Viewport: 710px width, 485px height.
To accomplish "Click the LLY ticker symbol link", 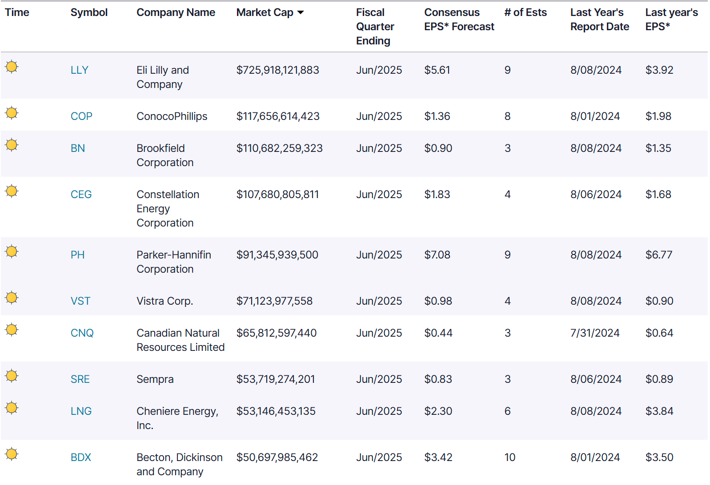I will [80, 70].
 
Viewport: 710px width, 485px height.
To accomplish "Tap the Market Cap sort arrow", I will [301, 13].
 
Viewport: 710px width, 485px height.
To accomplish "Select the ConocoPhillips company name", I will [172, 116].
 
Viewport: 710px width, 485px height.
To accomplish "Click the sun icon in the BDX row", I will [12, 454].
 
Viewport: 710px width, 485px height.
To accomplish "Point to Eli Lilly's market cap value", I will [277, 70].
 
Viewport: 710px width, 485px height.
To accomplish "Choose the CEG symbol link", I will [81, 195].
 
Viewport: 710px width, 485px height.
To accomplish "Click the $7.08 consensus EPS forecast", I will [437, 255].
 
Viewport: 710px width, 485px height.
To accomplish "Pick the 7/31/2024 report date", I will [594, 333].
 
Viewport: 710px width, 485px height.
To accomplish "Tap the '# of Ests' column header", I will [525, 13].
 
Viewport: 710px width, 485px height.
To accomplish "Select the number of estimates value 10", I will [509, 457].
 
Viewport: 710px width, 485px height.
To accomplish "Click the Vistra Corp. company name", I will [164, 301].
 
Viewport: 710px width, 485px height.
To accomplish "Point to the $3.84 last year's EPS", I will [659, 411].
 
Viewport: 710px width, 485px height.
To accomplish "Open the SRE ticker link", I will [80, 379].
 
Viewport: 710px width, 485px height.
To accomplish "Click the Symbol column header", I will [89, 13].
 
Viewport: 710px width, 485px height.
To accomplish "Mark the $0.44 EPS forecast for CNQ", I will [438, 333].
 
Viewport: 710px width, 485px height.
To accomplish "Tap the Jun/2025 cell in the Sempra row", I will [379, 379].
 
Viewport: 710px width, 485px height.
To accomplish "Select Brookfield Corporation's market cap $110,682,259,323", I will [279, 148].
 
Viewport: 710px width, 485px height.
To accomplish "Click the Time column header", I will [17, 13].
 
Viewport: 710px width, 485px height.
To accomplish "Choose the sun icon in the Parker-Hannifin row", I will [12, 251].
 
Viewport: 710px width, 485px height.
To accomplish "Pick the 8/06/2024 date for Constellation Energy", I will [596, 195].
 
